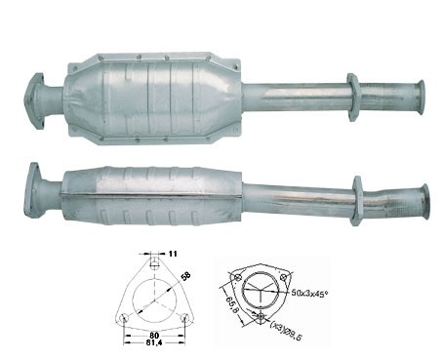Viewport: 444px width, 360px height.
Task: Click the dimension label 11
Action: pyautogui.click(x=173, y=254)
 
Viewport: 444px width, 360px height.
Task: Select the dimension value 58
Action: pyautogui.click(x=185, y=276)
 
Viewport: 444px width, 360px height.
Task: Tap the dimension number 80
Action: pyautogui.click(x=154, y=335)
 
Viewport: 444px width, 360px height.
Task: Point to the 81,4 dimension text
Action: pyautogui.click(x=154, y=342)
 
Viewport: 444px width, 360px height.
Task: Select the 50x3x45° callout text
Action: pyautogui.click(x=309, y=293)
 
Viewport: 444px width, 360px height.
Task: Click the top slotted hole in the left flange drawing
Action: pyautogui.click(x=155, y=261)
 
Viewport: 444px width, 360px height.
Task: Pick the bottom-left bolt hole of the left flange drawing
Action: pyautogui.click(x=124, y=318)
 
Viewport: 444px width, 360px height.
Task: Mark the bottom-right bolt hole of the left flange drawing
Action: pyautogui.click(x=185, y=318)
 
